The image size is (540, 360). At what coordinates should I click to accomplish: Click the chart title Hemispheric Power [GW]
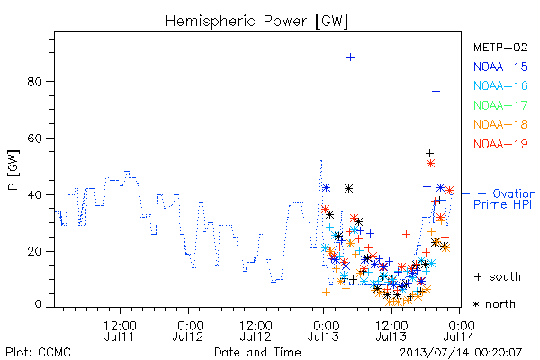(x=256, y=21)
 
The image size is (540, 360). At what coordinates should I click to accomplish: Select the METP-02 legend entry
(x=500, y=47)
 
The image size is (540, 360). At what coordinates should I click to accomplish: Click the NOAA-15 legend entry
(x=500, y=67)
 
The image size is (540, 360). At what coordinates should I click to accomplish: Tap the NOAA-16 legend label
(x=500, y=85)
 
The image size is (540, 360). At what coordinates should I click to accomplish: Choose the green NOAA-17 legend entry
(x=500, y=105)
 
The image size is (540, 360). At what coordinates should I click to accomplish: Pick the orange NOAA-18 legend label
(x=500, y=124)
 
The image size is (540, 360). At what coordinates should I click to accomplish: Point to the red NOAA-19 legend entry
(x=500, y=144)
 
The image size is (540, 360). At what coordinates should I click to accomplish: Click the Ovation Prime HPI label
(x=505, y=199)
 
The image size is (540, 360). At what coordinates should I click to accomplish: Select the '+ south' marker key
(x=498, y=276)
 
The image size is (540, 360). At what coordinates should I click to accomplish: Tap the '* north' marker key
(x=494, y=304)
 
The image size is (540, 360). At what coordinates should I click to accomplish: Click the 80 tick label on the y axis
(x=35, y=82)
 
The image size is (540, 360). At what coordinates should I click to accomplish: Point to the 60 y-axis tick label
(x=35, y=138)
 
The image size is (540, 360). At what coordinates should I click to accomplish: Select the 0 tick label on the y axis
(x=39, y=304)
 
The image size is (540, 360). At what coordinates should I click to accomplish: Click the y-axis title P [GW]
(x=13, y=170)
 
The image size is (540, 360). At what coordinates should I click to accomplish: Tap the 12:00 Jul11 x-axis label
(x=120, y=330)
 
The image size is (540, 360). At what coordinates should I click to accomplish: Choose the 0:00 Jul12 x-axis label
(x=188, y=330)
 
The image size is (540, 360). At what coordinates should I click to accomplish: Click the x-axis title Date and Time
(x=257, y=353)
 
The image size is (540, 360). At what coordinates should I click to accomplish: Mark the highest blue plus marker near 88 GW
(x=350, y=58)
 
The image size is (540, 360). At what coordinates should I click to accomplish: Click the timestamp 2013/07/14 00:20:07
(x=461, y=353)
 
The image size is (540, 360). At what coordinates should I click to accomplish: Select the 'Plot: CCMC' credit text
(x=38, y=353)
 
